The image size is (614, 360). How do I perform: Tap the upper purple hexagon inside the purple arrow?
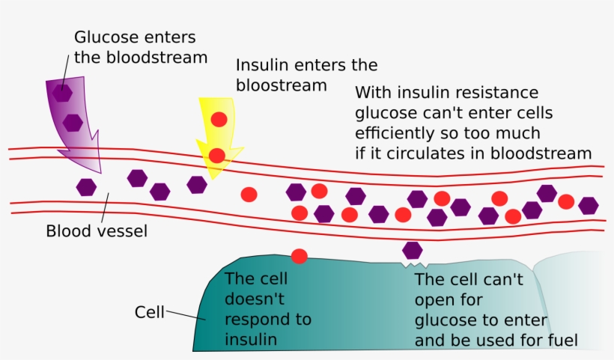pyautogui.click(x=61, y=93)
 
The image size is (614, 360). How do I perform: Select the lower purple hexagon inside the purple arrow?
pyautogui.click(x=73, y=122)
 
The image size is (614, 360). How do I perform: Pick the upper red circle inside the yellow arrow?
pyautogui.click(x=219, y=119)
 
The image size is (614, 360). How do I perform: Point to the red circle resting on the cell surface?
pyautogui.click(x=300, y=256)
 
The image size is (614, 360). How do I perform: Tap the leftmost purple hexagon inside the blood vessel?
pyautogui.click(x=87, y=187)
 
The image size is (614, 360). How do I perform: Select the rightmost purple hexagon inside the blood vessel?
pyautogui.click(x=589, y=205)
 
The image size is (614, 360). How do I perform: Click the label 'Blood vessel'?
pyautogui.click(x=97, y=231)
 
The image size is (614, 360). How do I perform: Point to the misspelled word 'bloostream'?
pyautogui.click(x=282, y=85)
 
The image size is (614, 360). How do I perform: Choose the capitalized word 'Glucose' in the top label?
pyautogui.click(x=103, y=37)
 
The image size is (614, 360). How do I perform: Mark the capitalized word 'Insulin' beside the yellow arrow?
pyautogui.click(x=263, y=65)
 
